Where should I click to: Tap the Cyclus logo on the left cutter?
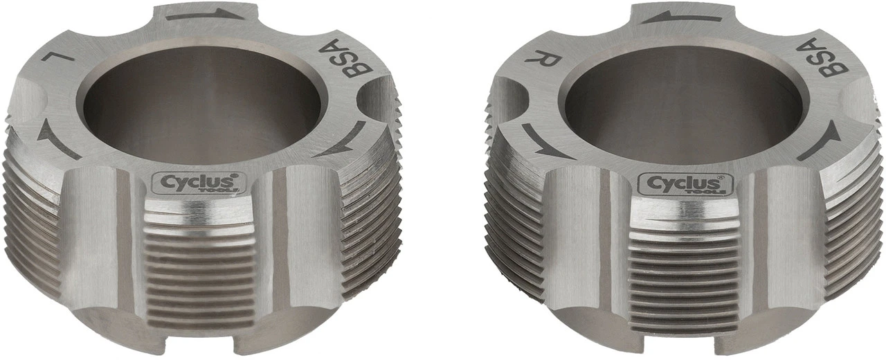[x=195, y=183]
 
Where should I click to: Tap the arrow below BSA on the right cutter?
[x=818, y=142]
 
